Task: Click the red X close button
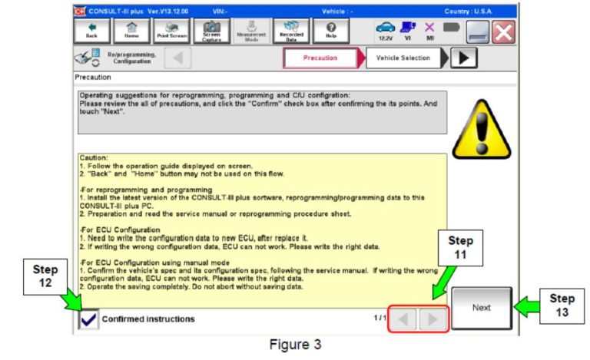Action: click(504, 31)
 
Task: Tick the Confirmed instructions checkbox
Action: click(88, 319)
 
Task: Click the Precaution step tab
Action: click(320, 58)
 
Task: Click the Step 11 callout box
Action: click(460, 246)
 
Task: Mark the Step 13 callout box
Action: click(562, 304)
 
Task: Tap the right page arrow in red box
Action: click(434, 318)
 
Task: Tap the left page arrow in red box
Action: click(405, 318)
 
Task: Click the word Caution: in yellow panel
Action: click(93, 158)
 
